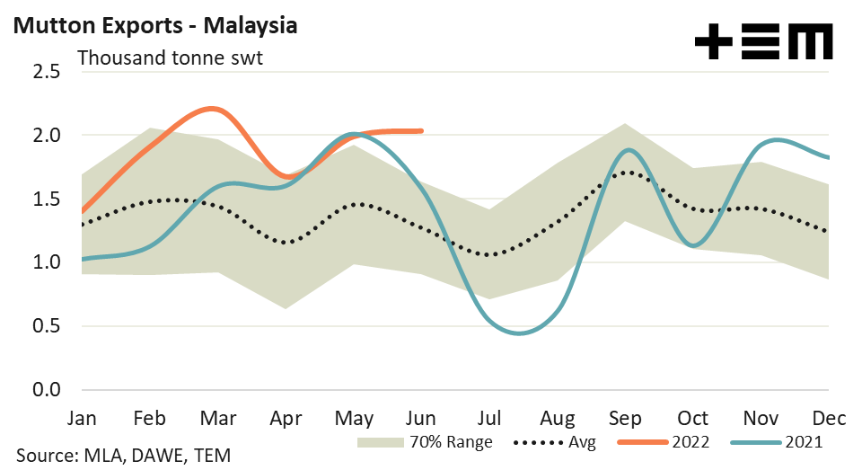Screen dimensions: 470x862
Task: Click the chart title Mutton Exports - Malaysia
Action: click(154, 25)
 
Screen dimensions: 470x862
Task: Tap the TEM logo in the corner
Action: click(764, 41)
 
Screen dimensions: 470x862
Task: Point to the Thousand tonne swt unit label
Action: click(170, 58)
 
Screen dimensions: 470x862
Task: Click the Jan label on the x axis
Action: click(82, 419)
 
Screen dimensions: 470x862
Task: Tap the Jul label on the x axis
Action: click(488, 419)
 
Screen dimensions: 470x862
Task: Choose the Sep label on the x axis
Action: click(624, 419)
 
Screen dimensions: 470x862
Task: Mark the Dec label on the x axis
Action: click(828, 419)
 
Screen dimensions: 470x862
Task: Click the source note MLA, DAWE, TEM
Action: click(117, 456)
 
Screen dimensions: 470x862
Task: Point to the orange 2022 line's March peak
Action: click(213, 109)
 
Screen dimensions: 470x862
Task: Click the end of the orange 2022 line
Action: click(421, 131)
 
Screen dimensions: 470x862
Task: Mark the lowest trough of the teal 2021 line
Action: click(519, 333)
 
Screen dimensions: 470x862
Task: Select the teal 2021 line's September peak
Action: click(629, 150)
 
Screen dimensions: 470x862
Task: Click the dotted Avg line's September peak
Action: click(626, 172)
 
